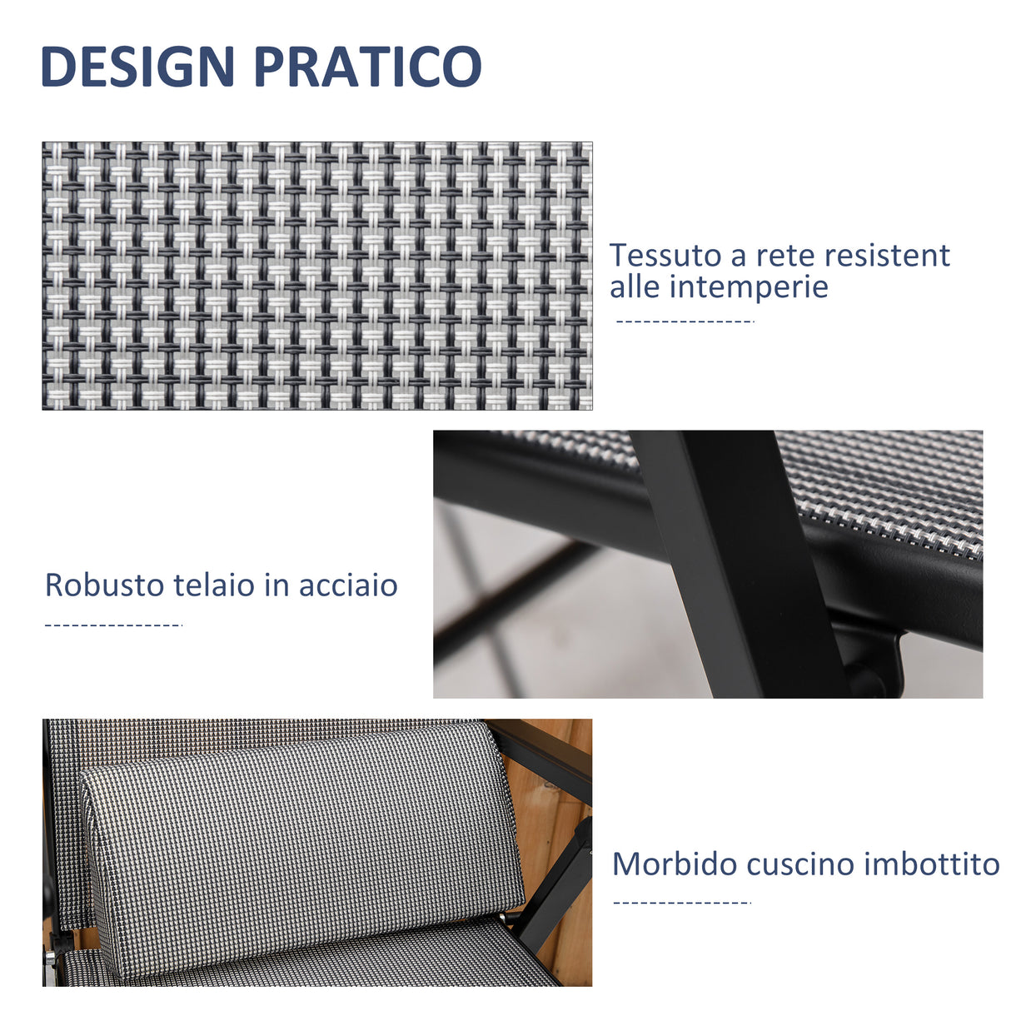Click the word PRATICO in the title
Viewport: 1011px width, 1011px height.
pyautogui.click(x=368, y=67)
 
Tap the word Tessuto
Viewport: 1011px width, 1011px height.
pyautogui.click(x=665, y=256)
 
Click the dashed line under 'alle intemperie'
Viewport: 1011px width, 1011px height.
pyautogui.click(x=684, y=321)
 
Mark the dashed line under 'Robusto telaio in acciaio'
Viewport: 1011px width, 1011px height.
pyautogui.click(x=112, y=625)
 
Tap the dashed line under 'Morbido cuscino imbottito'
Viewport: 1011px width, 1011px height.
pyautogui.click(x=681, y=902)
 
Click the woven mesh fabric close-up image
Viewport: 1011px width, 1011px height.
pyautogui.click(x=316, y=276)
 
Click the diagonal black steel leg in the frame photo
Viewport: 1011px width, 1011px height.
pyautogui.click(x=733, y=566)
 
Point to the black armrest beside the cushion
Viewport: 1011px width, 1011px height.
pyautogui.click(x=545, y=754)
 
